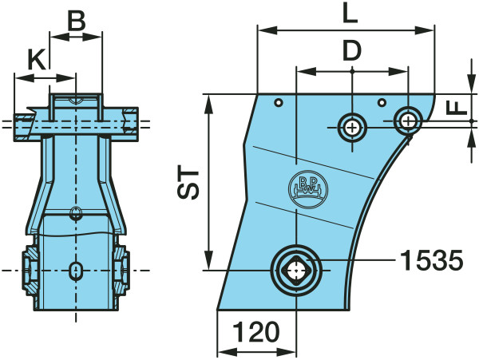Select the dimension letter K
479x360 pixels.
[x=38, y=59]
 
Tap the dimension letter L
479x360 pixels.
[x=350, y=13]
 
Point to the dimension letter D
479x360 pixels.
[x=352, y=50]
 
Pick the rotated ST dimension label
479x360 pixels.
[x=188, y=182]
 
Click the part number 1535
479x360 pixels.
[x=431, y=260]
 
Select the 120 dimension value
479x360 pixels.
[x=256, y=331]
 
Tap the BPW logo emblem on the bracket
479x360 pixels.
[x=307, y=189]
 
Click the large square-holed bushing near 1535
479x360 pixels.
[x=296, y=271]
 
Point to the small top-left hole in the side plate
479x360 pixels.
[x=279, y=103]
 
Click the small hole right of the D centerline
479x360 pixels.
[x=382, y=103]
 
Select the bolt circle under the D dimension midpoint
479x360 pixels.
[x=352, y=128]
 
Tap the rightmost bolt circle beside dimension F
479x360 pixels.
[x=408, y=121]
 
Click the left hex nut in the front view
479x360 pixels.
[x=30, y=271]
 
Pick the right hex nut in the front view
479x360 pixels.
[x=122, y=271]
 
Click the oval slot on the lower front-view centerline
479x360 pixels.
[x=76, y=271]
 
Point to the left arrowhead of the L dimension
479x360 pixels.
[x=267, y=30]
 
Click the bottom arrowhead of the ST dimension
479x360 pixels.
[x=208, y=260]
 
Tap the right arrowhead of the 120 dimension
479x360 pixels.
[x=287, y=352]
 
